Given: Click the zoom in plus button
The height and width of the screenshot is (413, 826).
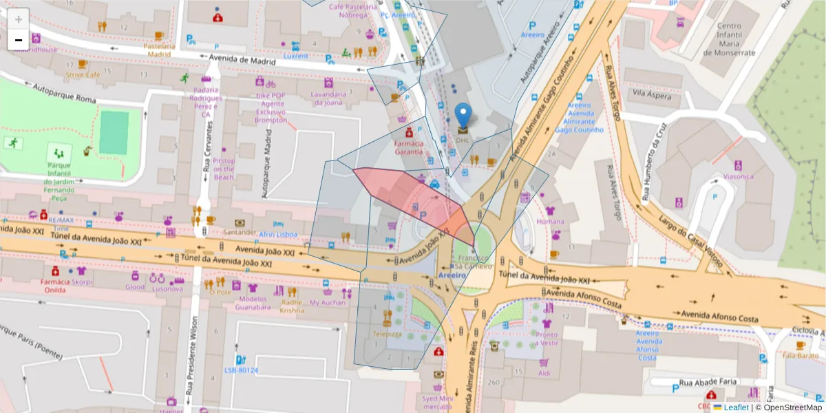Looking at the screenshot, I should pyautogui.click(x=18, y=19).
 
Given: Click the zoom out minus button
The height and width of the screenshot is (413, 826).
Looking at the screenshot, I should pyautogui.click(x=18, y=40).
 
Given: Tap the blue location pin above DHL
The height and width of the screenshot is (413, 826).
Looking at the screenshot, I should pyautogui.click(x=464, y=115).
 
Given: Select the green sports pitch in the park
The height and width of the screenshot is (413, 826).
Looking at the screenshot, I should pyautogui.click(x=114, y=132).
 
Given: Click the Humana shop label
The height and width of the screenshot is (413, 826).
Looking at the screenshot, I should pyautogui.click(x=550, y=222).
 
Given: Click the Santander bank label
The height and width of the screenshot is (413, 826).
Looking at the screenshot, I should pyautogui.click(x=240, y=233).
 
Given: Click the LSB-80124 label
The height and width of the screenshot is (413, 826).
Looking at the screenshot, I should pyautogui.click(x=241, y=370).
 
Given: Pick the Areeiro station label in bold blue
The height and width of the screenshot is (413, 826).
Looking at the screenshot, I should pyautogui.click(x=452, y=275).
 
